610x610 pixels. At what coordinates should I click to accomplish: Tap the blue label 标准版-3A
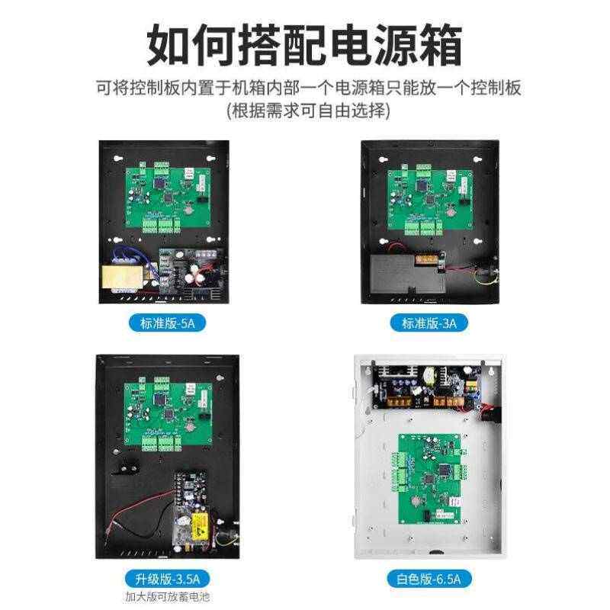click(x=429, y=323)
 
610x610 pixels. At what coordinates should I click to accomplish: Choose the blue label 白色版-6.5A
click(x=429, y=576)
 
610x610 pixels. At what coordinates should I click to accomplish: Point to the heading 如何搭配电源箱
click(x=305, y=47)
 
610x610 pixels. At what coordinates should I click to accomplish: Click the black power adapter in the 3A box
click(x=406, y=275)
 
